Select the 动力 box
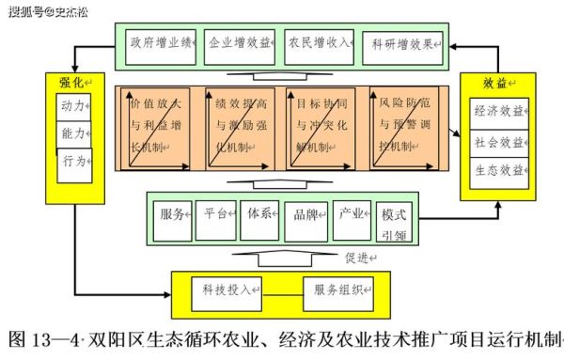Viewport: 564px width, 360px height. pyautogui.click(x=74, y=106)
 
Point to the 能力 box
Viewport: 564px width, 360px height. pyautogui.click(x=74, y=133)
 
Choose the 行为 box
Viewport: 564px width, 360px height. pyautogui.click(x=74, y=161)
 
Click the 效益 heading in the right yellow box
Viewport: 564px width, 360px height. pyautogui.click(x=495, y=82)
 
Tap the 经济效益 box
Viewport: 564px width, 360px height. pyautogui.click(x=500, y=112)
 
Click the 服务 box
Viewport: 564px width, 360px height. pyautogui.click(x=177, y=213)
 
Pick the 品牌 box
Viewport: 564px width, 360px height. pyautogui.click(x=307, y=214)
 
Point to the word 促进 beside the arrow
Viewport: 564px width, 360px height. pyautogui.click(x=360, y=257)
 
